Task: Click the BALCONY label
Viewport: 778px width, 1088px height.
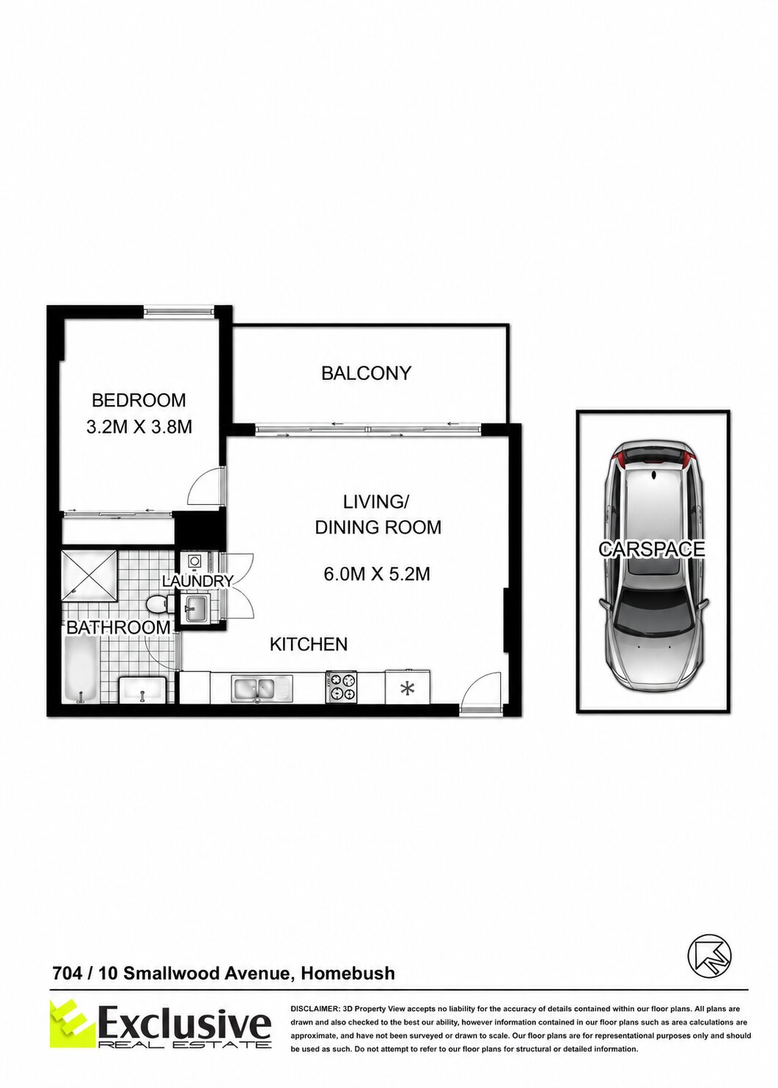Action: [366, 373]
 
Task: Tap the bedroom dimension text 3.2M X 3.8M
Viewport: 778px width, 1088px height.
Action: [139, 426]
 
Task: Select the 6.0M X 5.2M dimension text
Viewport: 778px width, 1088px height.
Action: [377, 574]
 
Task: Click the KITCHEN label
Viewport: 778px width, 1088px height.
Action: [309, 645]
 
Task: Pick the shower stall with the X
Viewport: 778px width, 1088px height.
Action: [89, 577]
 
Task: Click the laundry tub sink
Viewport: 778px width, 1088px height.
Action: [196, 607]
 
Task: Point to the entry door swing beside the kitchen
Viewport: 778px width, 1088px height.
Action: [478, 687]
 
